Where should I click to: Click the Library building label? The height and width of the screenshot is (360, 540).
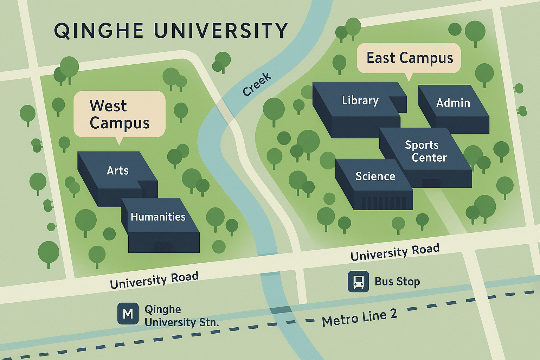pyautogui.click(x=360, y=101)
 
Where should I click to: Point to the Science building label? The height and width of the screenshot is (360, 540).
pyautogui.click(x=375, y=176)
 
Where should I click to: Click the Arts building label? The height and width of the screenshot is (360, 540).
pyautogui.click(x=117, y=171)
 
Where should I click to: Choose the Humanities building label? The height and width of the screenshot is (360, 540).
pyautogui.click(x=158, y=217)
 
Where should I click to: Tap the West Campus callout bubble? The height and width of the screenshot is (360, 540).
pyautogui.click(x=119, y=114)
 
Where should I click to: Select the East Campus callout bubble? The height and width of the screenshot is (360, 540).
pyautogui.click(x=409, y=58)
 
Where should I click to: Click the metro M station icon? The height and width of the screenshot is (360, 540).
pyautogui.click(x=128, y=313)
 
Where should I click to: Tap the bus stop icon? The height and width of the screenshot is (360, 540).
pyautogui.click(x=358, y=281)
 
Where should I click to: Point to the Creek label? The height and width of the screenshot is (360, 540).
pyautogui.click(x=257, y=84)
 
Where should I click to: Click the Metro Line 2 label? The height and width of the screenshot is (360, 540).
pyautogui.click(x=359, y=317)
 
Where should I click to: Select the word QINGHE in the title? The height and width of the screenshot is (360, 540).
pyautogui.click(x=99, y=31)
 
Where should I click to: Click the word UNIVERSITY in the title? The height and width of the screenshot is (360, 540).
pyautogui.click(x=221, y=31)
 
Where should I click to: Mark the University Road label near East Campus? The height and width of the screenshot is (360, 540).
pyautogui.click(x=395, y=252)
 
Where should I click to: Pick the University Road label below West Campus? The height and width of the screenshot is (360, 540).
pyautogui.click(x=154, y=280)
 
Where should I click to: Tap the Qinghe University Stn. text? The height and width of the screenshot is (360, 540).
pyautogui.click(x=181, y=316)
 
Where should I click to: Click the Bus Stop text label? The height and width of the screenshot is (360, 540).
pyautogui.click(x=397, y=282)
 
